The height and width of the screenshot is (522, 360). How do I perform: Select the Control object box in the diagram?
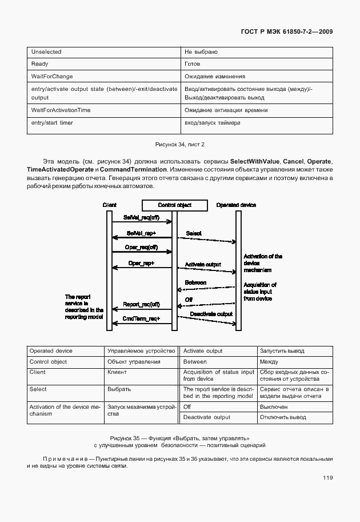click(x=175, y=205)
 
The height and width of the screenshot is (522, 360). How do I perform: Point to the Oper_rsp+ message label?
click(x=142, y=263)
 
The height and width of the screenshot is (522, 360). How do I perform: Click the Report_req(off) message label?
click(x=142, y=305)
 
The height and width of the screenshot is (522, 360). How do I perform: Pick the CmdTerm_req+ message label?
click(x=142, y=318)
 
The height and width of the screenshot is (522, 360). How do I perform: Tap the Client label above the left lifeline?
click(x=110, y=205)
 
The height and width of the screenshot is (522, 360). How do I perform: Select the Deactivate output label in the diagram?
click(x=211, y=314)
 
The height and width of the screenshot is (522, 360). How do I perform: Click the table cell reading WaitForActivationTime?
click(x=61, y=110)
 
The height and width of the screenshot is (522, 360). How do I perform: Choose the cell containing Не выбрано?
click(x=201, y=52)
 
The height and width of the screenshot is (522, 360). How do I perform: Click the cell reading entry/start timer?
click(x=52, y=123)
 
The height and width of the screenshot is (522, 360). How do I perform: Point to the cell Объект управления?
click(x=134, y=362)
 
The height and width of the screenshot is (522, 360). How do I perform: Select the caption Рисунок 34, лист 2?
click(x=180, y=145)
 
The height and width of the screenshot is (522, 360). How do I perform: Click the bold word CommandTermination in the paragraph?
click(x=134, y=170)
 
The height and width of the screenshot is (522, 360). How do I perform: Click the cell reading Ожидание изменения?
click(x=215, y=76)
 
